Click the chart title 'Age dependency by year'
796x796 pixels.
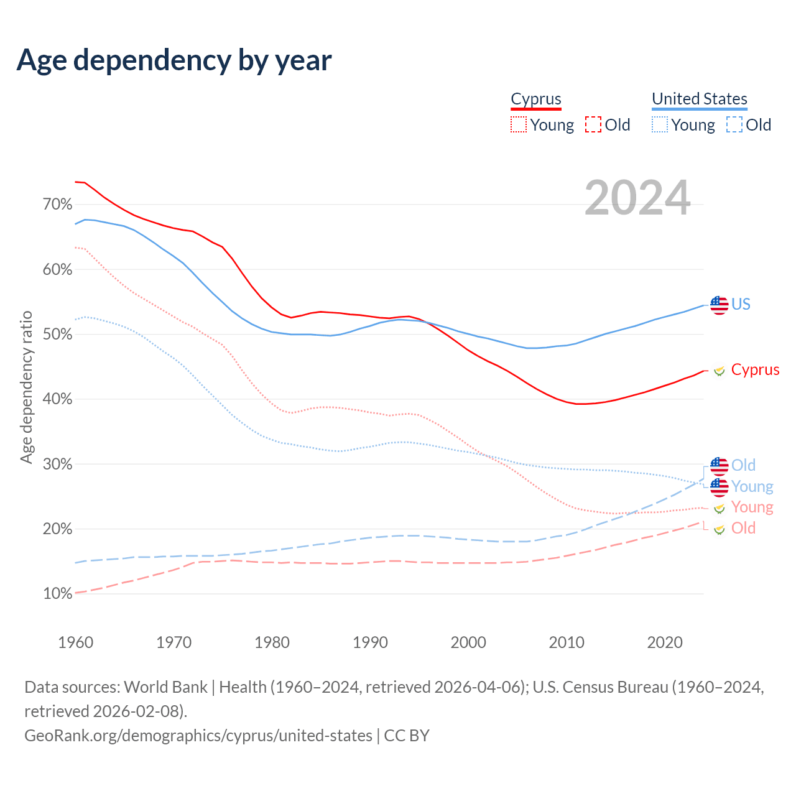coord(174,60)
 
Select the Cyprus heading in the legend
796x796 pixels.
coord(535,99)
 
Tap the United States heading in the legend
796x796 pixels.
coord(699,99)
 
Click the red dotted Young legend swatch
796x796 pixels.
coord(518,124)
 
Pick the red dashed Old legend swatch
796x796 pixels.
coord(593,124)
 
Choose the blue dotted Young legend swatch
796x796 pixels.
coord(659,124)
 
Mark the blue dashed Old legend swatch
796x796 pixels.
coord(734,124)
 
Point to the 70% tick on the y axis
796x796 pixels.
coord(58,205)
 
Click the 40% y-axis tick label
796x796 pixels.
coord(58,399)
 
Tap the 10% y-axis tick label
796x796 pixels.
coord(58,594)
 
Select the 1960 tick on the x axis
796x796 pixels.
coord(76,642)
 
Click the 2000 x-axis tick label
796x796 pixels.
coord(468,642)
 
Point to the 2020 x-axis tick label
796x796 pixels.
coord(665,642)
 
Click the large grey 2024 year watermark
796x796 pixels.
coord(637,198)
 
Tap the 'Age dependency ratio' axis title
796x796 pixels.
coord(26,387)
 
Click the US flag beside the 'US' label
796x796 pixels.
coord(719,305)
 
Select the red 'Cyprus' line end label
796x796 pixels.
coord(755,369)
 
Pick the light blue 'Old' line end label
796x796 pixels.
coord(743,465)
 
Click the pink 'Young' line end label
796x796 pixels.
coord(752,507)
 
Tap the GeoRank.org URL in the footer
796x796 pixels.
coord(198,735)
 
